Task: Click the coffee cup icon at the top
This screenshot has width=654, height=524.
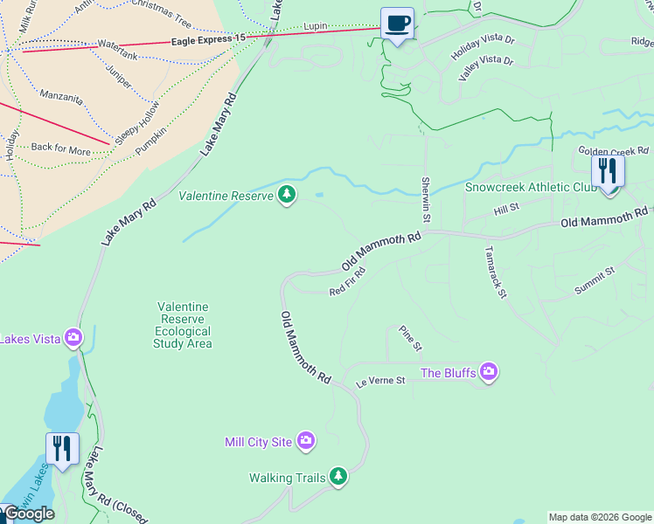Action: [x=397, y=24]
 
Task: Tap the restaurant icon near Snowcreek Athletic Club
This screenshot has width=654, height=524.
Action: [x=608, y=171]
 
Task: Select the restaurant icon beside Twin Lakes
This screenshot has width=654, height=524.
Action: [x=62, y=449]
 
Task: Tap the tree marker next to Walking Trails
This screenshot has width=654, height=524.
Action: [x=338, y=477]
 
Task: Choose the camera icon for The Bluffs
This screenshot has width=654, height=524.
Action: [x=488, y=373]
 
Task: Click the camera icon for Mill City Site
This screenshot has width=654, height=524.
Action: [x=305, y=442]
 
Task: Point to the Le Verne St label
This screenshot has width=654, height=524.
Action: [x=380, y=382]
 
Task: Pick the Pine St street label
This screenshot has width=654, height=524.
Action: [x=410, y=338]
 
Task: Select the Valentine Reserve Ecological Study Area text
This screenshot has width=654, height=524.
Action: [x=183, y=325]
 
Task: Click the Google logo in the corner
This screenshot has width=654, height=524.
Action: [x=28, y=514]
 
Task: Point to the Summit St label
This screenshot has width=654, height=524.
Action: [x=595, y=280]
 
